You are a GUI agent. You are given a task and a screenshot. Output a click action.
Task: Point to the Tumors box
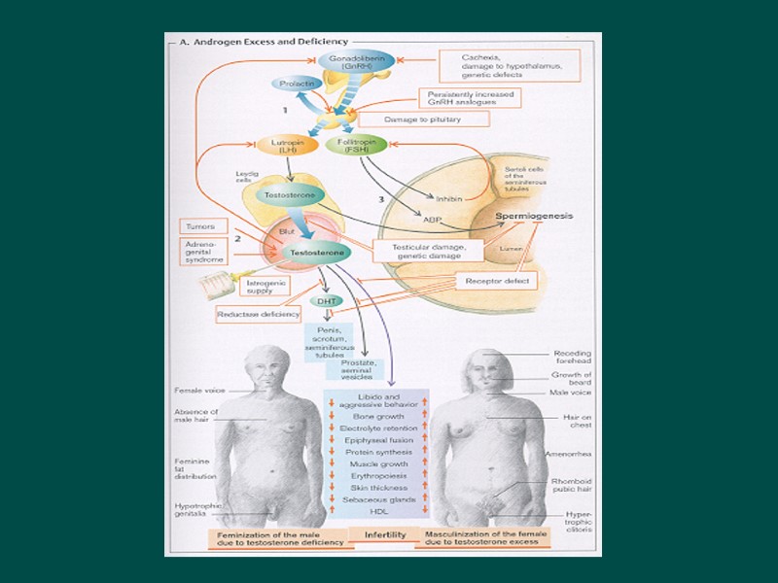(200, 226)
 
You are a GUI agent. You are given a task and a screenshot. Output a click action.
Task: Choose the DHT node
(326, 301)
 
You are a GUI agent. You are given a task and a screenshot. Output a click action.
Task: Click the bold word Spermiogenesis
(536, 216)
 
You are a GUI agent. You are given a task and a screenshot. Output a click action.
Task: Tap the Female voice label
(200, 391)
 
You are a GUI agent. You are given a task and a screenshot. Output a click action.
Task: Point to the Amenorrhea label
(566, 452)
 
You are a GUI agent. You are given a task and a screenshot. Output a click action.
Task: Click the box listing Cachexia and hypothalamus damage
(507, 66)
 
